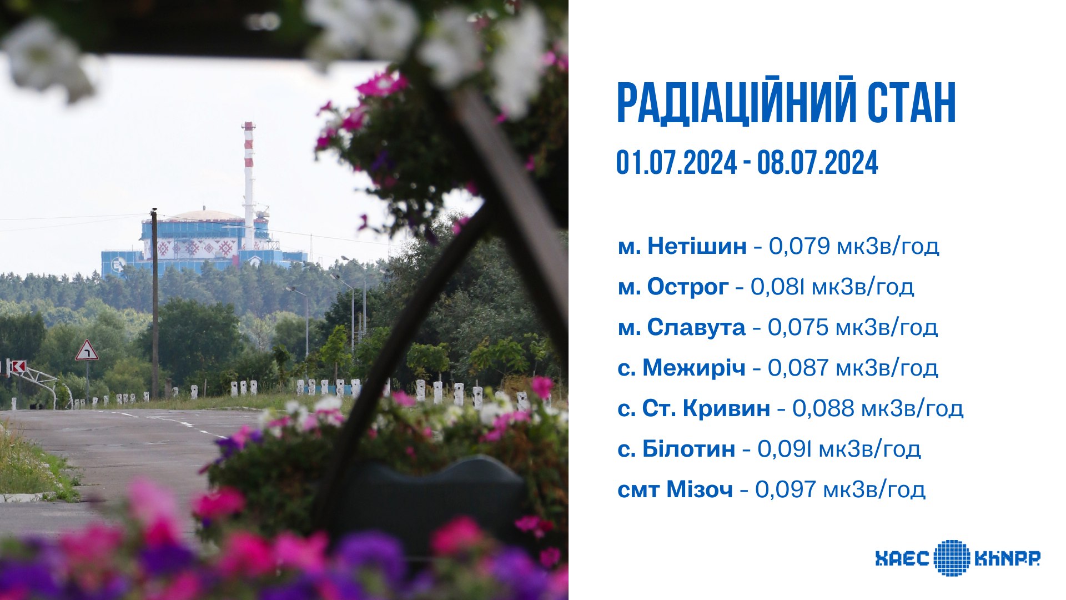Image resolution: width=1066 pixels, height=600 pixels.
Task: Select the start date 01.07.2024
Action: pos(677,163)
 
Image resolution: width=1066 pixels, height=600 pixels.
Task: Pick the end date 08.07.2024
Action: pos(818,163)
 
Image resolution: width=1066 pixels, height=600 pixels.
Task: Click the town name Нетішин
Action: pos(697,246)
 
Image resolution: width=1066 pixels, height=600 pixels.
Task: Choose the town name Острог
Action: pos(688,287)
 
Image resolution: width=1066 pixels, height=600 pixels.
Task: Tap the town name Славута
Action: pos(696,327)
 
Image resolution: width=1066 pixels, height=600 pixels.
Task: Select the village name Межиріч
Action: pos(694,368)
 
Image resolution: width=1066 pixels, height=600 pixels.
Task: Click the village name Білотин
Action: pos(688,449)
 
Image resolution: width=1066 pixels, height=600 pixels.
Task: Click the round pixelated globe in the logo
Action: pos(952,557)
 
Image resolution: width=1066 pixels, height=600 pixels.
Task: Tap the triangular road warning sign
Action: pos(87,350)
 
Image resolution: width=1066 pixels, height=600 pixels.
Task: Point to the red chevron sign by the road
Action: pos(18,367)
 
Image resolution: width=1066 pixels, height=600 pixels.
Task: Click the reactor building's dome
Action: pos(207,215)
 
